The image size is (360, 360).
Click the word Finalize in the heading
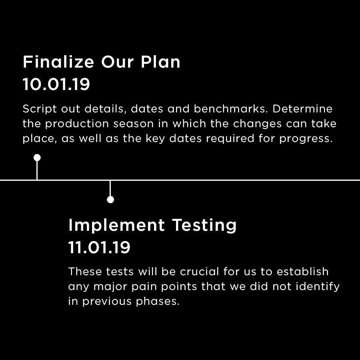pyautogui.click(x=58, y=62)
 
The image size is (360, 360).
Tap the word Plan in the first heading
pyautogui.click(x=160, y=62)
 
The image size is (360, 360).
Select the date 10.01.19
pyautogui.click(x=56, y=84)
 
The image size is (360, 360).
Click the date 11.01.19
pyautogui.click(x=99, y=247)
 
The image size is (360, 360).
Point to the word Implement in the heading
pyautogui.click(x=117, y=226)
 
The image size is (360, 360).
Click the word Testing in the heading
pyautogui.click(x=204, y=226)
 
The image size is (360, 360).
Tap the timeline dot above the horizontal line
pyautogui.click(x=37, y=158)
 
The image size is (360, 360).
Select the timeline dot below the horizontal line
pyautogui.click(x=110, y=200)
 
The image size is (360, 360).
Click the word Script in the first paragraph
pyautogui.click(x=40, y=109)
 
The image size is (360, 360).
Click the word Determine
pyautogui.click(x=302, y=108)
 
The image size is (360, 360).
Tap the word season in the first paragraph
pyautogui.click(x=133, y=124)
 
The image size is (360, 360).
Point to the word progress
pyautogui.click(x=306, y=139)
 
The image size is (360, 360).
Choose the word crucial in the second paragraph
pyautogui.click(x=199, y=271)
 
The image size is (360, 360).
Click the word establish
pyautogui.click(x=303, y=271)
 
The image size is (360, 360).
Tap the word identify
pyautogui.click(x=318, y=287)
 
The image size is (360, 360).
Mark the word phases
pyautogui.click(x=158, y=302)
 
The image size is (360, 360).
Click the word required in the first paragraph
pyautogui.click(x=230, y=139)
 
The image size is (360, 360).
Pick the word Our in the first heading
pyautogui.click(x=117, y=62)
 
